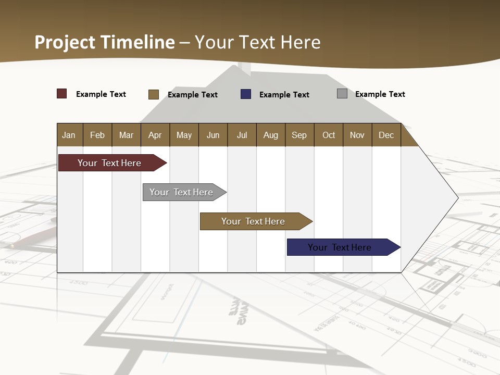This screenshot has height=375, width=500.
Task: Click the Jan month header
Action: click(x=69, y=135)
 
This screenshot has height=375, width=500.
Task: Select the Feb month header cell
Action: click(x=97, y=135)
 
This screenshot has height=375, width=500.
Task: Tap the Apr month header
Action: click(x=155, y=135)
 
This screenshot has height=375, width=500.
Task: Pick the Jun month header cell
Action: click(x=213, y=135)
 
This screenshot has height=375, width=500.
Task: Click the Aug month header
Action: click(x=271, y=135)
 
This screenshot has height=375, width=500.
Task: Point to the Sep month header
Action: click(x=299, y=135)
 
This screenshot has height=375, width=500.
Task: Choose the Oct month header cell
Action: click(x=329, y=135)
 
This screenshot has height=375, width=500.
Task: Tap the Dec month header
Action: click(x=386, y=135)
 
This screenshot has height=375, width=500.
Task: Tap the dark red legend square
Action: click(x=62, y=94)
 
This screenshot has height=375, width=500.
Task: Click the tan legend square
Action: click(x=154, y=94)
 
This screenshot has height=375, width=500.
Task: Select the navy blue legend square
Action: click(x=246, y=94)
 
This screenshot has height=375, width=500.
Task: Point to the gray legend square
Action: click(x=342, y=94)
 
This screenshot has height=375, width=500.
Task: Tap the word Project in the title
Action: click(x=65, y=42)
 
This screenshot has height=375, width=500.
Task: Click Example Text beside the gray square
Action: click(x=380, y=94)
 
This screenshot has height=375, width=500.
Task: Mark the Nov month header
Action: click(x=357, y=135)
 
